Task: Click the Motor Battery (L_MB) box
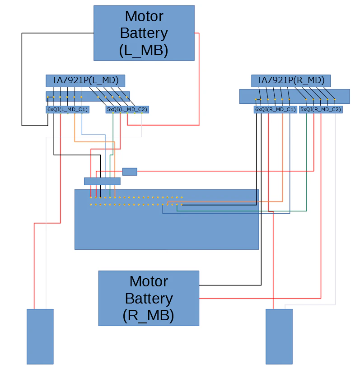[x=144, y=33]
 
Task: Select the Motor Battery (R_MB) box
[x=149, y=298]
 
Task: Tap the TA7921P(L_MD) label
[x=85, y=80]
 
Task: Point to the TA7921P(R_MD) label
[x=291, y=80]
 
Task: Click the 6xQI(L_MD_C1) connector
[x=68, y=109]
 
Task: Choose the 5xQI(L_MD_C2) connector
[x=127, y=109]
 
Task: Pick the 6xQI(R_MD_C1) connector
[x=276, y=109]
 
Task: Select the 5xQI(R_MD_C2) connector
[x=321, y=109]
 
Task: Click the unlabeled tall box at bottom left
[x=40, y=336]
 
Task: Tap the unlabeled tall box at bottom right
[x=279, y=336]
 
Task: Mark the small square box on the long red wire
[x=130, y=172]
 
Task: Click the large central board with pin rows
[x=167, y=220]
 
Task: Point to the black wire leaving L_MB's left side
[x=22, y=79]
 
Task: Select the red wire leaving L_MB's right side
[x=199, y=79]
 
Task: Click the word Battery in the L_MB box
[x=144, y=33]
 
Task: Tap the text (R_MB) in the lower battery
[x=149, y=315]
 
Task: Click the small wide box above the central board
[x=103, y=181]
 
